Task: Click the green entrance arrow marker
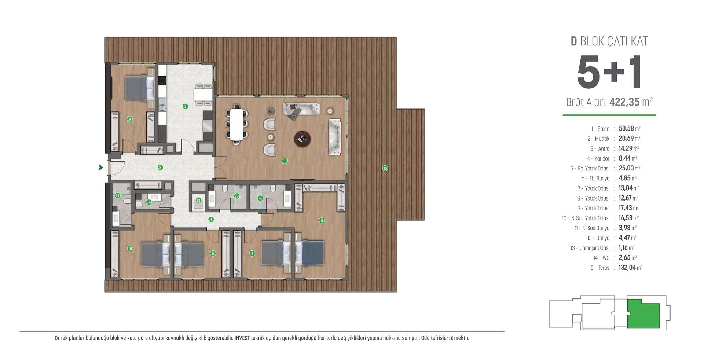coord(100,168)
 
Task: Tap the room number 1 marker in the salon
coord(285,161)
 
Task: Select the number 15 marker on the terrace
coord(385,168)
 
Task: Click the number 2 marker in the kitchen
coord(185,106)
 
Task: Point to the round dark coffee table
coord(302,138)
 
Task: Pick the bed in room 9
coord(140,88)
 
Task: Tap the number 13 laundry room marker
coord(198,200)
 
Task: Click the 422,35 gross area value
coord(624,102)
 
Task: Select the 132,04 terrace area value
coord(627,268)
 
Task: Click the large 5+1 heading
coord(609,73)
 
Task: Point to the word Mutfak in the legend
coord(602,139)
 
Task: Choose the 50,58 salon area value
coord(626,129)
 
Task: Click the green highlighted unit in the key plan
coord(643,314)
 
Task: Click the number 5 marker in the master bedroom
coord(322,220)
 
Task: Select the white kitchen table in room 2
coord(203,94)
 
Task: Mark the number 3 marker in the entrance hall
coord(160,168)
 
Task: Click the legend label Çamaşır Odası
coord(594,248)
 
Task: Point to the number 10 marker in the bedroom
coord(130,249)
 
